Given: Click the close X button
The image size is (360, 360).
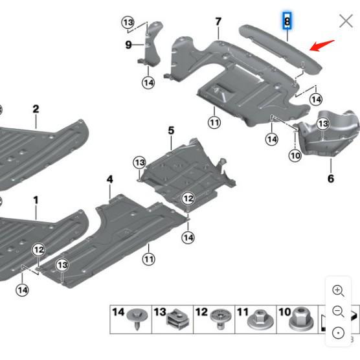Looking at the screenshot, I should pos(346,21).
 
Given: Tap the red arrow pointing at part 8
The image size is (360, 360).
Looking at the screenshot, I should pos(322,46).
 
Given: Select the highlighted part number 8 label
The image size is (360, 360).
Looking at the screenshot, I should pos(287,21).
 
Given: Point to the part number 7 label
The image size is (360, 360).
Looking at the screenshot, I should pos(218,22).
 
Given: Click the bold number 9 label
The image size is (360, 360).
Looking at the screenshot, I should pos(128,45).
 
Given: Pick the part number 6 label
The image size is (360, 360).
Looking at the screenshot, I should pos(331,179).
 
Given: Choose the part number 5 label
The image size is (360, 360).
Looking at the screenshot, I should pos(171,131).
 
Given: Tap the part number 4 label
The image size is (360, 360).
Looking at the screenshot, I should pos(110,179).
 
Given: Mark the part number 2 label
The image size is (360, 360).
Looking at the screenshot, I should pos(36,109).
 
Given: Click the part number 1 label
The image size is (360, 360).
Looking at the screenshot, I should pos(36,201).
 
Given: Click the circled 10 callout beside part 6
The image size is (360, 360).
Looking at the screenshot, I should pos(295,155).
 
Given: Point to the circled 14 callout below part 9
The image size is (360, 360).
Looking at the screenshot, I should pos(148,83).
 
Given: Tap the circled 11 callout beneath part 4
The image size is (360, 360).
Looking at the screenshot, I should pos(149,260).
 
